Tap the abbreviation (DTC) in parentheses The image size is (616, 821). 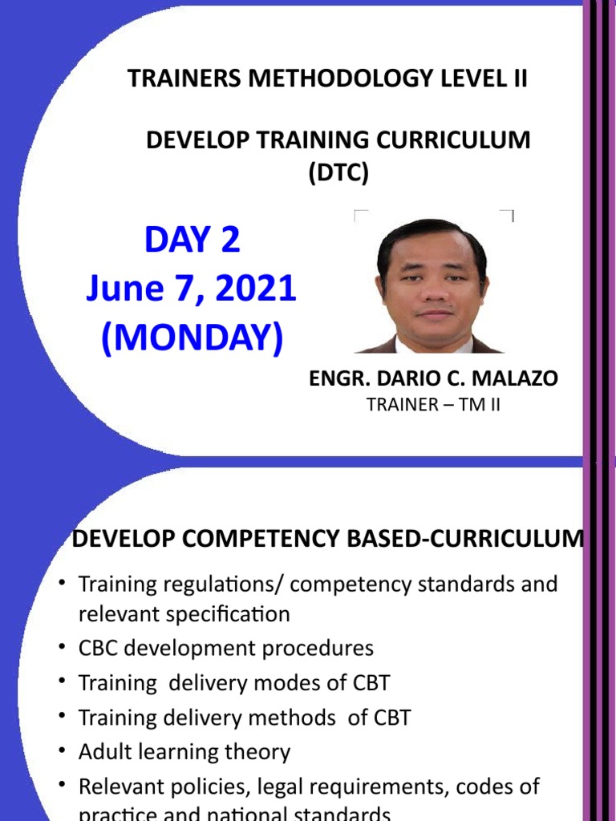(338, 172)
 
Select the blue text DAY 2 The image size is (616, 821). (192, 239)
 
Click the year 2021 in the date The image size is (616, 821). (257, 289)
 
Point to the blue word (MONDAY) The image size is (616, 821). (192, 339)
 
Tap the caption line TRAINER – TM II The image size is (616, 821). (433, 405)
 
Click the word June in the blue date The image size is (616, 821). (125, 289)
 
